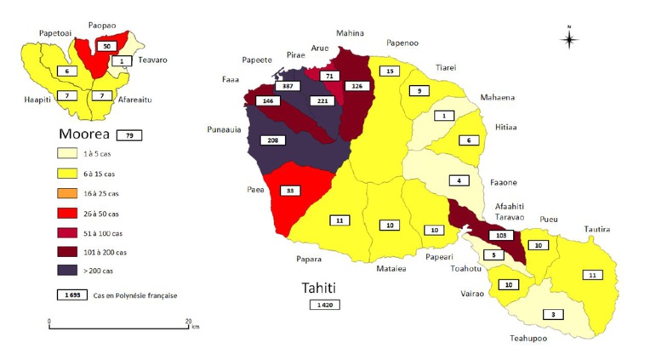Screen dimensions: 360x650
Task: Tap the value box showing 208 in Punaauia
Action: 271,140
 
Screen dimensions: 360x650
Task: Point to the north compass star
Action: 569,38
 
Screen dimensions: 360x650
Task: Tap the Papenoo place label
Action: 402,42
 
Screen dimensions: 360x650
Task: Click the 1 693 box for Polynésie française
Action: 71,294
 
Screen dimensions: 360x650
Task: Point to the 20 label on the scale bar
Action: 187,320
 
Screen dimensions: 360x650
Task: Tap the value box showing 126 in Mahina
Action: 355,85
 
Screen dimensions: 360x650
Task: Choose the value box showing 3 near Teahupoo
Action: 554,314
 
